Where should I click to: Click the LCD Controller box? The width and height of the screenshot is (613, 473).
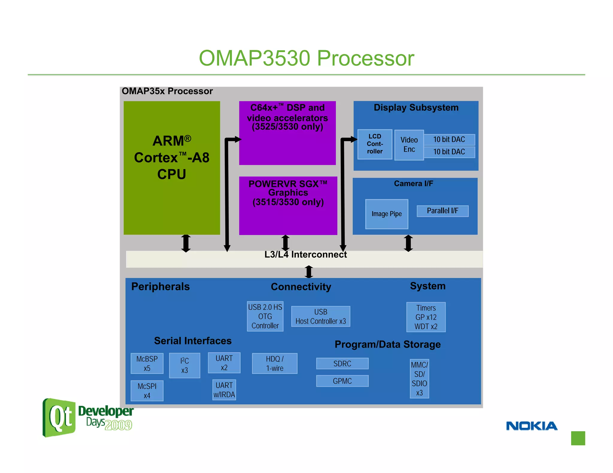coord(375,144)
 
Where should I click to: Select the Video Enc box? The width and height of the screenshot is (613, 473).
coord(409,145)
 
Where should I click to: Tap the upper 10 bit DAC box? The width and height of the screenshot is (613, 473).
coord(449,140)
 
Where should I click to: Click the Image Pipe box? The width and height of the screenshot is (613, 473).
coord(386,214)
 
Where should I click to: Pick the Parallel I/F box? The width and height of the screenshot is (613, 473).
coord(442,211)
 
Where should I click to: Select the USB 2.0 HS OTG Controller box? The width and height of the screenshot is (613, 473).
coord(265,316)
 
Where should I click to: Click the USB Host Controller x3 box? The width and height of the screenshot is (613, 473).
coord(321,316)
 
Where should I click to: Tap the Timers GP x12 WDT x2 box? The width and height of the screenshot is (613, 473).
coord(426,317)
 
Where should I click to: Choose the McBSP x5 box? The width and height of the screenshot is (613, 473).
coord(147,363)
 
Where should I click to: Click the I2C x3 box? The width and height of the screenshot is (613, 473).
coord(184,365)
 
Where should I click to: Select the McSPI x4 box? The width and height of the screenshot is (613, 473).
coord(147,390)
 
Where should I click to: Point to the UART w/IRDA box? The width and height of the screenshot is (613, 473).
coord(224,390)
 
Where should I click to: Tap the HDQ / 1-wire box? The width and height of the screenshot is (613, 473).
coord(274,363)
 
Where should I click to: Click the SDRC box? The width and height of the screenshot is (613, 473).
coord(342,364)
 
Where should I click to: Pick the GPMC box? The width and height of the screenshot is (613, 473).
coord(342,381)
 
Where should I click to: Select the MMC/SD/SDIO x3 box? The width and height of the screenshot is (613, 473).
coord(419,379)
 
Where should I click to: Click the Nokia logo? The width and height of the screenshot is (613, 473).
coord(532,426)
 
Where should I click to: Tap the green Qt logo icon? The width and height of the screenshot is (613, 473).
coord(59,417)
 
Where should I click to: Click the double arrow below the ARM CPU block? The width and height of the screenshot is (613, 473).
coord(186,243)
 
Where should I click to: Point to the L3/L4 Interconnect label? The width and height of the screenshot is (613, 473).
coord(305,254)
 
